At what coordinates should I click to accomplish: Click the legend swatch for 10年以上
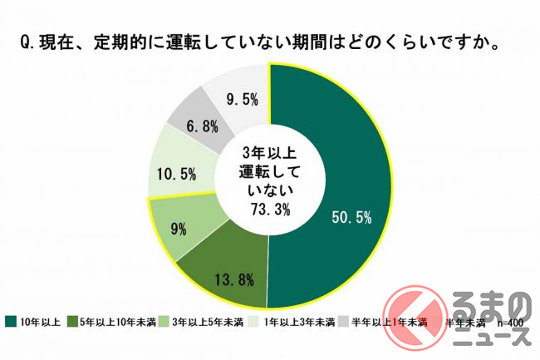click(x=10, y=321)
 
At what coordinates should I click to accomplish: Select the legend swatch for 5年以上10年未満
click(x=71, y=321)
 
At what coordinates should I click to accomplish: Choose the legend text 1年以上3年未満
click(x=303, y=321)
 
